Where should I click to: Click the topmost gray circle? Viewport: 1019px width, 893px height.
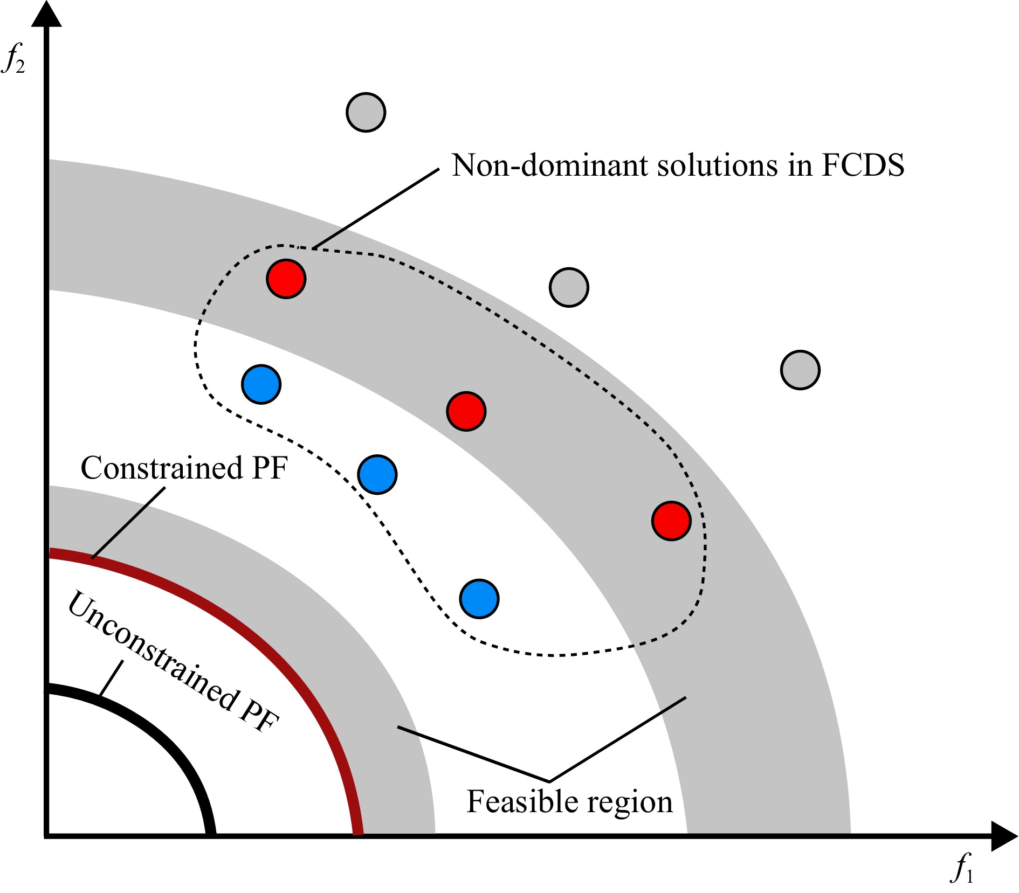click(366, 112)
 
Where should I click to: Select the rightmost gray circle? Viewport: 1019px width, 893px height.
click(800, 370)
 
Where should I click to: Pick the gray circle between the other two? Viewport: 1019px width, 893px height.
click(569, 287)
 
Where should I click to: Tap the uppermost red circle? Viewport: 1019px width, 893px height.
click(286, 279)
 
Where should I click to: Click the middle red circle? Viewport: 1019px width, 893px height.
click(466, 411)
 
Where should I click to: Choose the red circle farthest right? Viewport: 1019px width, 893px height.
click(671, 521)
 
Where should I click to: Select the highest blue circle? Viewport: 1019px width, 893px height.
click(261, 384)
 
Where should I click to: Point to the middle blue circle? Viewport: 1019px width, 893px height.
click(377, 474)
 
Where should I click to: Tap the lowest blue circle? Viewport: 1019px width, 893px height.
click(479, 599)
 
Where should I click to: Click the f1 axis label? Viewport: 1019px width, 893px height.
click(962, 869)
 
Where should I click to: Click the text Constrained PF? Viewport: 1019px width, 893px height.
click(184, 468)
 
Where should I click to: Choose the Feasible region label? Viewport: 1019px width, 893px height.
click(569, 801)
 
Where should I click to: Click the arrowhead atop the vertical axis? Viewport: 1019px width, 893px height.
click(46, 13)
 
